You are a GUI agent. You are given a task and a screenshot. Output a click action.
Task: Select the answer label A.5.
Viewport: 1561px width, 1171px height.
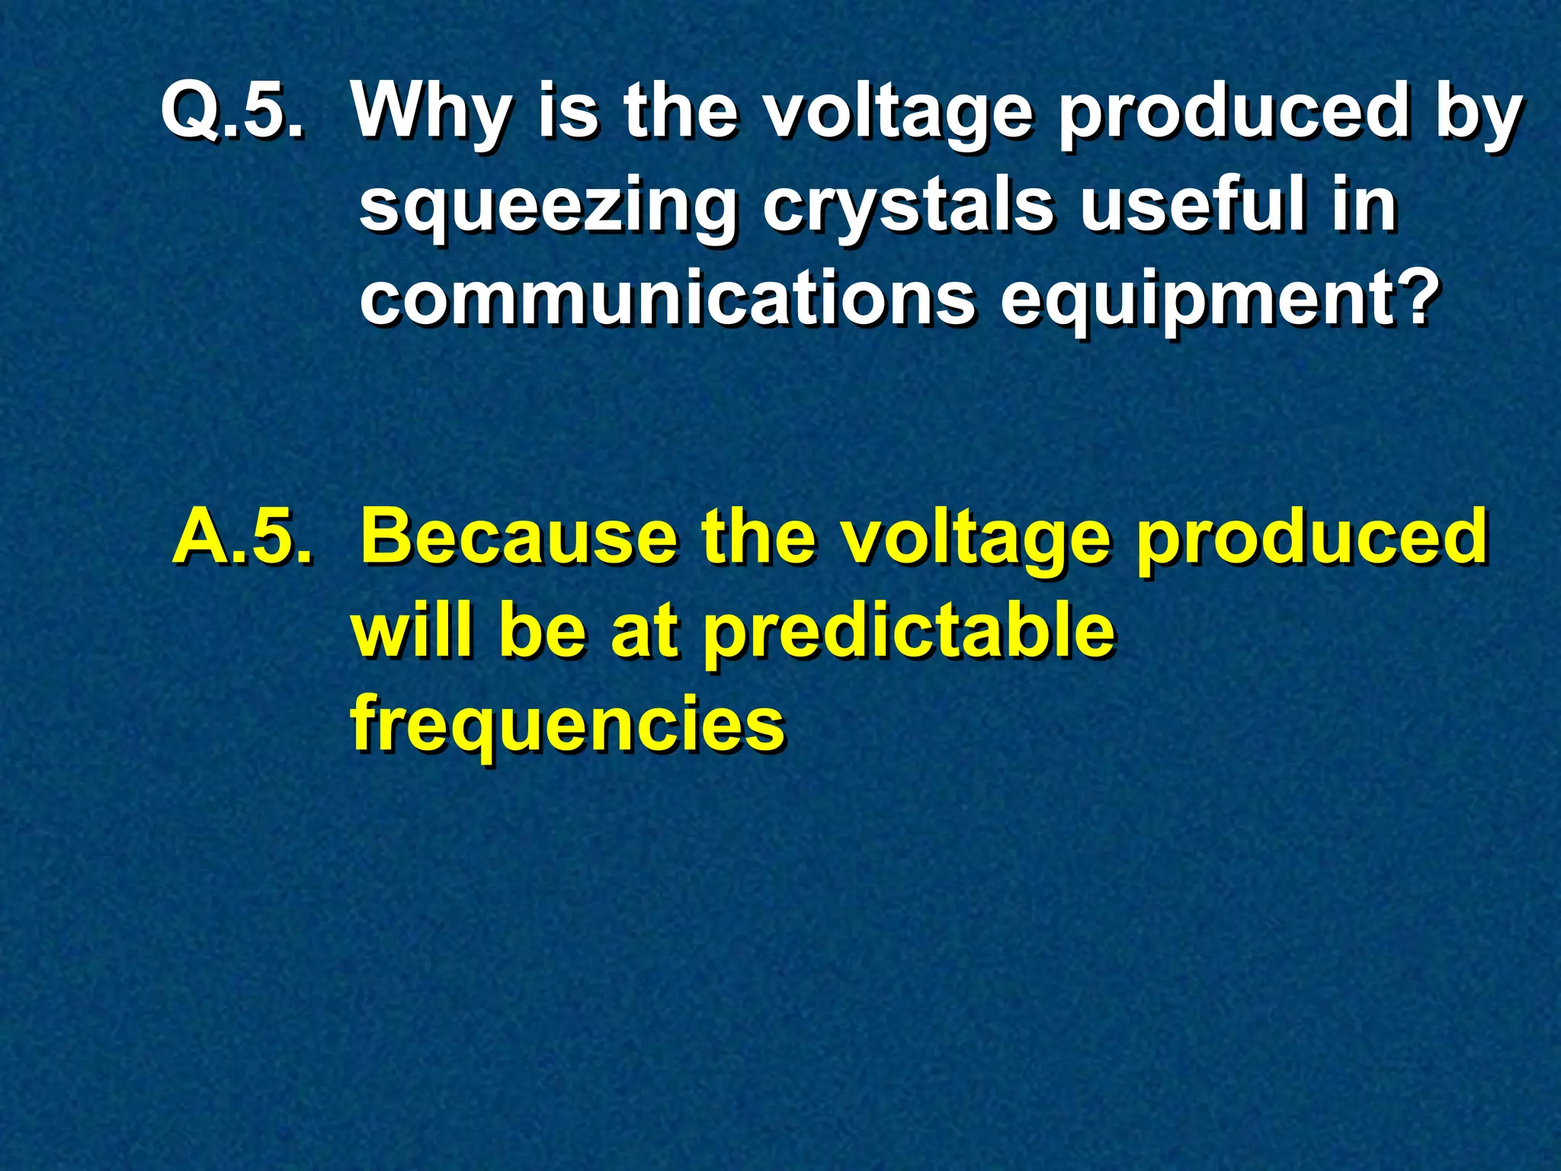[x=242, y=537]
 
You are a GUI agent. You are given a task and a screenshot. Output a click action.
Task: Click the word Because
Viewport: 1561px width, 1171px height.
[x=518, y=537]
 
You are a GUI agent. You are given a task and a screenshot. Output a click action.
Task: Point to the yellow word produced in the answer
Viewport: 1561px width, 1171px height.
[x=1311, y=538]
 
